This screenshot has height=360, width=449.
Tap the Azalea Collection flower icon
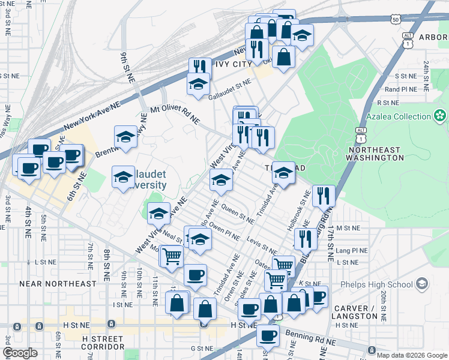(x=441, y=115)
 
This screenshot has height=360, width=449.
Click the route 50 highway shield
(x=394, y=20)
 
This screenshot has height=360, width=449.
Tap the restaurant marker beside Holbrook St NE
(x=324, y=194)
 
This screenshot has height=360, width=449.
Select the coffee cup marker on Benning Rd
(x=268, y=334)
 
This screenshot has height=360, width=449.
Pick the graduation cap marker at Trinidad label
(x=283, y=174)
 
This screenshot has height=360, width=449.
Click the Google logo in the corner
(x=20, y=353)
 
